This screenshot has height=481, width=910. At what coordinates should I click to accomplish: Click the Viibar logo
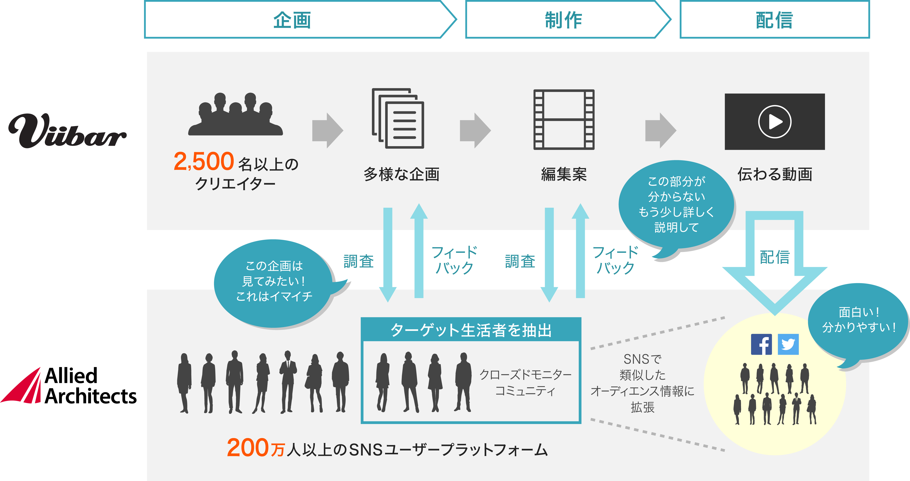67,131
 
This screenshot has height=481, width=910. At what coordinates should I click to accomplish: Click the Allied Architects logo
69,386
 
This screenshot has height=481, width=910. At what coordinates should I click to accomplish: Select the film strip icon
564,119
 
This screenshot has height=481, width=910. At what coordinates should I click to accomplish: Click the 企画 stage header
292,20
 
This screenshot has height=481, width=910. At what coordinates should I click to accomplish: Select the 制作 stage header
564,20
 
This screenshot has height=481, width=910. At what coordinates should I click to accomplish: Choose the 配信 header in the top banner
774,20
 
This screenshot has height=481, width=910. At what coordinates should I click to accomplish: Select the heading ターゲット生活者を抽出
471,330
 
